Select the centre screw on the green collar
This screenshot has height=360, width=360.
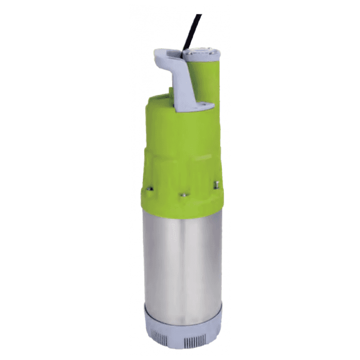coord(183,195)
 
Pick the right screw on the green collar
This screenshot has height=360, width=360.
coord(215,184)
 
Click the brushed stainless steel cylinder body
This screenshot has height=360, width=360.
coord(183,254)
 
